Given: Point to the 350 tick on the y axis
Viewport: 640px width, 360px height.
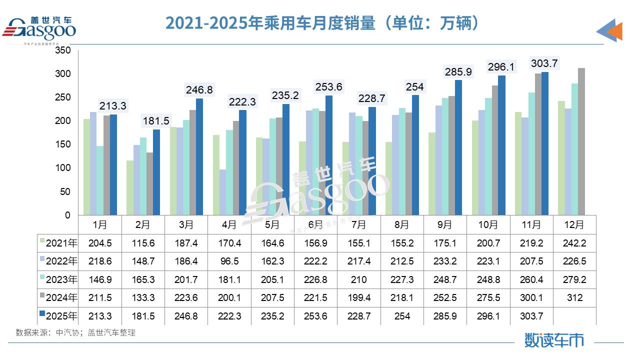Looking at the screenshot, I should pos(62,50).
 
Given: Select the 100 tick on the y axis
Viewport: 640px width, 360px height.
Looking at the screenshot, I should pos(62,168).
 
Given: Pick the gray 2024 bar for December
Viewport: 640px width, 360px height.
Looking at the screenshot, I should pos(581,142).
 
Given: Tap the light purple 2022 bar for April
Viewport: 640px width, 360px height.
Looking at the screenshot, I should pos(222,192).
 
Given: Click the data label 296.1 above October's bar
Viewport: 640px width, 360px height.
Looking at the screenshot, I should pos(501,67).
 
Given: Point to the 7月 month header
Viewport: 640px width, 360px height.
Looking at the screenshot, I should pos(359,225).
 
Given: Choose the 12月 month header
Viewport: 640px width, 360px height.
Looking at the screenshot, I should pos(574,225).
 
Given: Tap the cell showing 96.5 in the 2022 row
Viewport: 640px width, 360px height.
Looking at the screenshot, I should pos(229,261).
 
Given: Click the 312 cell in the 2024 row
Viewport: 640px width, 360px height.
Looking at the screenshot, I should pos(574,297).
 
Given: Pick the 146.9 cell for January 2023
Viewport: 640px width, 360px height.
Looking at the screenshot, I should pos(99,279).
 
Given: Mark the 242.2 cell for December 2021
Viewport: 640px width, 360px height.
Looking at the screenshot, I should pos(574,243).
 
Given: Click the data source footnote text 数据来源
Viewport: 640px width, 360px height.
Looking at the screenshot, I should pos(75,332).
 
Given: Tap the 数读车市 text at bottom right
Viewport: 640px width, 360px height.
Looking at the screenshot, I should pos(554,340).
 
